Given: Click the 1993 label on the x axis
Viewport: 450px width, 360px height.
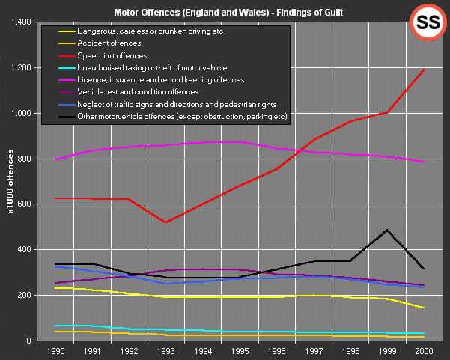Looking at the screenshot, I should click(x=166, y=350).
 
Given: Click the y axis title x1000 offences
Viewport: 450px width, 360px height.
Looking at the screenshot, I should click(x=10, y=181).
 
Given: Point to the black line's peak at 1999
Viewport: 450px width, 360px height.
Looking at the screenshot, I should click(x=387, y=230).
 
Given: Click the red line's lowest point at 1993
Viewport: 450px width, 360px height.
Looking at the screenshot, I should click(x=165, y=222).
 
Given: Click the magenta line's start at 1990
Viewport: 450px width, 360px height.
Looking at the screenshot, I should click(x=55, y=159).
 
